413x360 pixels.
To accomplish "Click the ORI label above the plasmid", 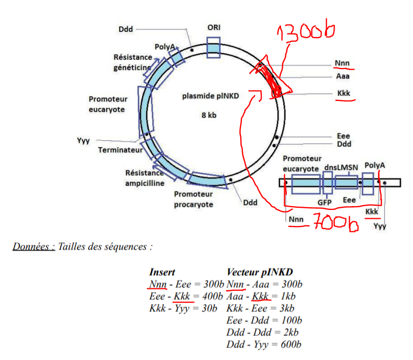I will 214,27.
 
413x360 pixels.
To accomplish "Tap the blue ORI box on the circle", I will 214,47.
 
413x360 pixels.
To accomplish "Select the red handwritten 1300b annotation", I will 306,32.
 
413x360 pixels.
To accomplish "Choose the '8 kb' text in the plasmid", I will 208,115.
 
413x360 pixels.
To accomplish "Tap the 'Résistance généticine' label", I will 132,62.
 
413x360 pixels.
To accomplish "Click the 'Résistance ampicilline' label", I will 144,178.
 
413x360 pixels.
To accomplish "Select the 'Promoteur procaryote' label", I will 194,199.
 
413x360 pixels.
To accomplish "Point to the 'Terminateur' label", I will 120,150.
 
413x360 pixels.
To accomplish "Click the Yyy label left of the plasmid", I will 84,141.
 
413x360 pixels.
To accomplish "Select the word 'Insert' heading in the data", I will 162,273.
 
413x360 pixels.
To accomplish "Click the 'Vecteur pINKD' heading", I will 260,273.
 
